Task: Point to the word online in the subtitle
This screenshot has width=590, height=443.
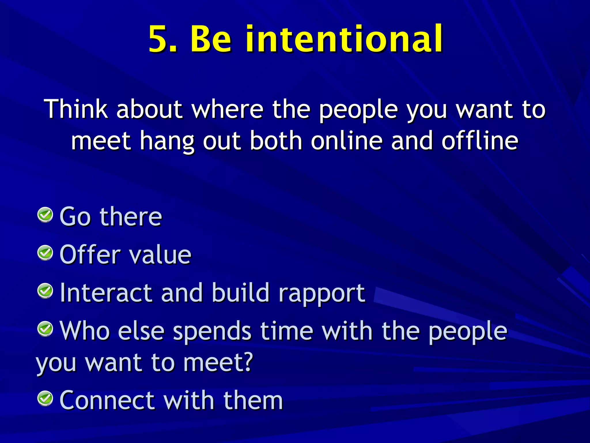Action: tap(347, 141)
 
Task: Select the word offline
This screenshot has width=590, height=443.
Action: tap(480, 141)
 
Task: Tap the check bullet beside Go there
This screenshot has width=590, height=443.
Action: tap(45, 215)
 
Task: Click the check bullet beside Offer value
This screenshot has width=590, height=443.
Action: tap(45, 253)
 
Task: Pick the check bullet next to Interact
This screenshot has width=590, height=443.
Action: tap(45, 291)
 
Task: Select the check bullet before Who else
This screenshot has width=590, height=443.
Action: tap(45, 329)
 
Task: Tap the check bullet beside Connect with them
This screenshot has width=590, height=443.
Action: tap(45, 399)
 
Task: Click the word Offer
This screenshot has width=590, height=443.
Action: tap(90, 255)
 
